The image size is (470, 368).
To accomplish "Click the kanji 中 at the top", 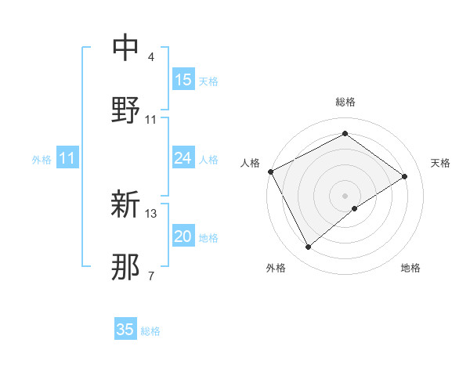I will click(126, 47).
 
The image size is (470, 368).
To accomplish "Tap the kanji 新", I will click(126, 205).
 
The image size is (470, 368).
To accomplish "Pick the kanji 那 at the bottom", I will click(126, 267).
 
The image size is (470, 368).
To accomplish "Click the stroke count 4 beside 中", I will click(151, 57).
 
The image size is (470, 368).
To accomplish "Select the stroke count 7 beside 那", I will click(151, 276).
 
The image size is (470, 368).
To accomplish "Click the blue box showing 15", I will click(183, 80).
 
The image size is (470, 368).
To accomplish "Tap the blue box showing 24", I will click(183, 159).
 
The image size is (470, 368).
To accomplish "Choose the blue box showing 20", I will click(183, 236).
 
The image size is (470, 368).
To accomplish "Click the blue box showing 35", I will click(125, 330).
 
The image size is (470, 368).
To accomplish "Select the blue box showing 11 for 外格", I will click(67, 159).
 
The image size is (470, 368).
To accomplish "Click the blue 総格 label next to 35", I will click(150, 331).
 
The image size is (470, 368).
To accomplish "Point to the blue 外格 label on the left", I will click(42, 160).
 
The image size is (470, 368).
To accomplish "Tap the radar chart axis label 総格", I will click(345, 102).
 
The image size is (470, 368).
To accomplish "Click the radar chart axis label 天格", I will click(441, 163).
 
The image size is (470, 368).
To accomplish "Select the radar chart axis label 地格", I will click(410, 268).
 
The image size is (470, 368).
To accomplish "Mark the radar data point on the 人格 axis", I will click(270, 171).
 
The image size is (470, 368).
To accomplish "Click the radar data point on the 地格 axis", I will click(355, 208).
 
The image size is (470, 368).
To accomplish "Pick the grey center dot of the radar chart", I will click(345, 195).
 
